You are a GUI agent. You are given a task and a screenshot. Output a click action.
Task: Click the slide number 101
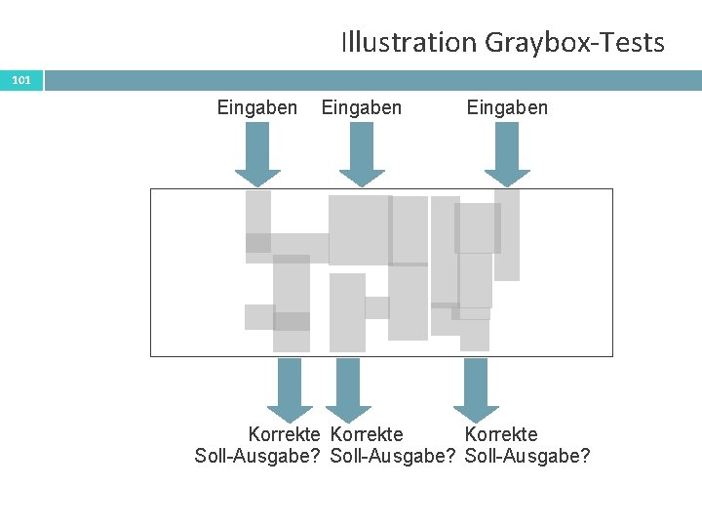[x=21, y=79]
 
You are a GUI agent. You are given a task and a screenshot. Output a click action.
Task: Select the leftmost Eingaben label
[x=257, y=107]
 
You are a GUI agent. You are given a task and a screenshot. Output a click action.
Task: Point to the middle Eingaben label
[x=361, y=107]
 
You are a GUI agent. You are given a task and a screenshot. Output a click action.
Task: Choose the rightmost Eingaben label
[x=507, y=107]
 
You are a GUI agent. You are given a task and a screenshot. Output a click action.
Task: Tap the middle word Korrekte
[x=368, y=434]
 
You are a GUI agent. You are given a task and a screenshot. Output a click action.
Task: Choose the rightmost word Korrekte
[x=501, y=434]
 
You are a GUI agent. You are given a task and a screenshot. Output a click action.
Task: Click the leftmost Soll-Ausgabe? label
[x=258, y=456]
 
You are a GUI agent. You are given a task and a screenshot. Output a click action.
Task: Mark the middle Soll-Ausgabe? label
[x=394, y=456]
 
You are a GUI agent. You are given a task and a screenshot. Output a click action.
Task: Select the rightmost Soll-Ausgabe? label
[x=527, y=456]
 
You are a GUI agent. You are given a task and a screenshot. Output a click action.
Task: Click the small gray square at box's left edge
[x=258, y=316]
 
